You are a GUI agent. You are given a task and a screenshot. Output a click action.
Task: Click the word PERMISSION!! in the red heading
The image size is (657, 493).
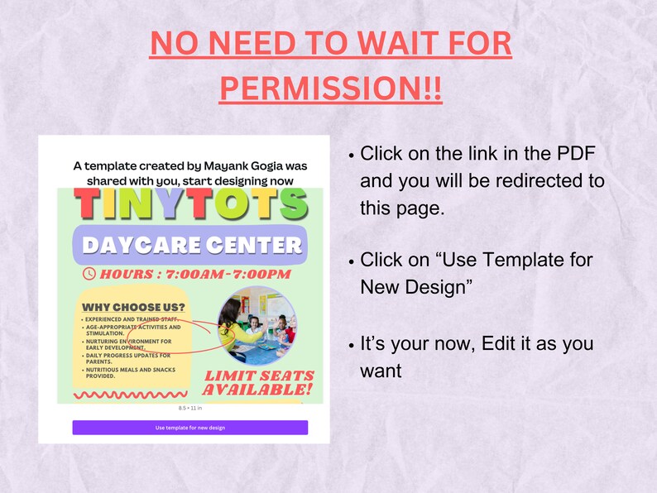[330, 89]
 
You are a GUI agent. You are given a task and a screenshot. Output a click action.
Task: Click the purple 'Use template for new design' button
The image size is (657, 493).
[189, 428]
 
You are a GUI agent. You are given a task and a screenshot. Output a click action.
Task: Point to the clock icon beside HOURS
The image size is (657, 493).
[89, 274]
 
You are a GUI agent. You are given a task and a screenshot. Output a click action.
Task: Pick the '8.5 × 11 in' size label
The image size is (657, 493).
[189, 409]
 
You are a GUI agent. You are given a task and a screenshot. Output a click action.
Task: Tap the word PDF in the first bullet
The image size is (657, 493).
[575, 153]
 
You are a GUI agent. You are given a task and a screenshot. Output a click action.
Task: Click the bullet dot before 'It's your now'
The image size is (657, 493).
[352, 344]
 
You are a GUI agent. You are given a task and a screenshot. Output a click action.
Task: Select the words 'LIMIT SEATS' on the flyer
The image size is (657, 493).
[257, 376]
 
